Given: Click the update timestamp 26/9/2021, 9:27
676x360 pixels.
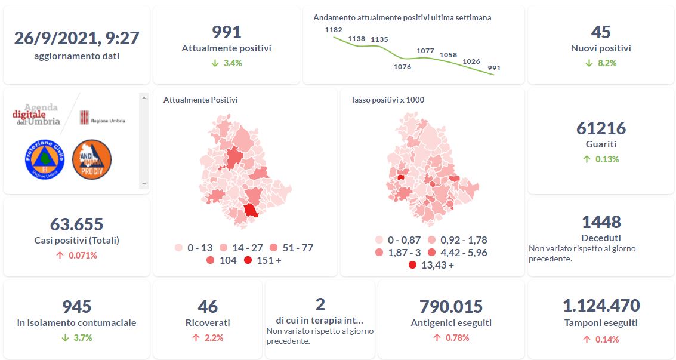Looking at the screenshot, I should pos(76,38).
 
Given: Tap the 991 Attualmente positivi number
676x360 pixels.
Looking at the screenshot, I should pos(226,32).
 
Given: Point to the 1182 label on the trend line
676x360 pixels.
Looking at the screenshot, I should pos(334,29).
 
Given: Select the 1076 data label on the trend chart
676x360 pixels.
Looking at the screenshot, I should pos(403,67).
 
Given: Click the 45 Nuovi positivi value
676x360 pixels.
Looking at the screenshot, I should pos(601,32).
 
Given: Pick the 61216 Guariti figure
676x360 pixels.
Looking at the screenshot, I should pos(601,128).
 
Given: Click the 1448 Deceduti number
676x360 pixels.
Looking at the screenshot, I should pos(601,222).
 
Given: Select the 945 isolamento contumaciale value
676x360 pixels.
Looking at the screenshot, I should pos(76,307).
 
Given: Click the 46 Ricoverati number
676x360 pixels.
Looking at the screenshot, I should pos(208,307).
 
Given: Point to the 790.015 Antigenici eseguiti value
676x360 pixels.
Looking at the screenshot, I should pos(451,307).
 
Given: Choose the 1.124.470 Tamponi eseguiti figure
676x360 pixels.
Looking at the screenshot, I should pos(601,306).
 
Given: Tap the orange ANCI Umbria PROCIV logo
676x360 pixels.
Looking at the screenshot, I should pos(92,159).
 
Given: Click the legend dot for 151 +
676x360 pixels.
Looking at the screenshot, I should pos(248,260).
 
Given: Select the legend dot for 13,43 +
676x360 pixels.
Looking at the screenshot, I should pos(413,265).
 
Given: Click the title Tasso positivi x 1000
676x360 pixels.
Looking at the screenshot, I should pos(387,100).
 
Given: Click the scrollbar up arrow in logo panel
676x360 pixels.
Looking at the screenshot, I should pos(143,96).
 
